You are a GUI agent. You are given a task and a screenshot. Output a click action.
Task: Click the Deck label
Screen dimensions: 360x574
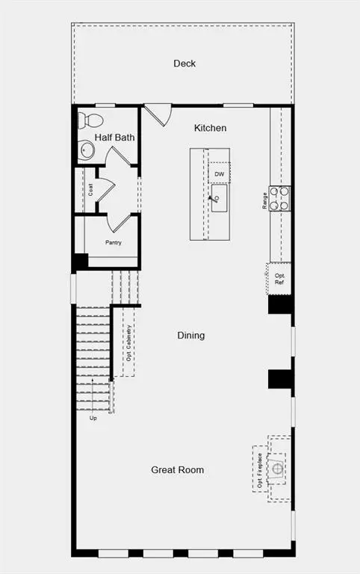[x=184, y=64]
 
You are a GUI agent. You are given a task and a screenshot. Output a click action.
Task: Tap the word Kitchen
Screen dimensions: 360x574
[x=210, y=128]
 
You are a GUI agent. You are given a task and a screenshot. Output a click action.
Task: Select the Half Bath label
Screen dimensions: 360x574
[x=114, y=138]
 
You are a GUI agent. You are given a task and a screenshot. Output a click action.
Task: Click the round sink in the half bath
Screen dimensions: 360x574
[x=87, y=149]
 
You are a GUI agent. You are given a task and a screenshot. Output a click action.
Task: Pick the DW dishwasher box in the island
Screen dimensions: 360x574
[x=219, y=173]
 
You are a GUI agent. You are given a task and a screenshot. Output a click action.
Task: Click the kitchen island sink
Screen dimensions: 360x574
[x=219, y=198]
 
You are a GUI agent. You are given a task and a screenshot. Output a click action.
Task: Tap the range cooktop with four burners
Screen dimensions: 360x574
[x=279, y=199]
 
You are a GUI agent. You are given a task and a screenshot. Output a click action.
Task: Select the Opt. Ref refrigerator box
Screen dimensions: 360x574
[x=279, y=279]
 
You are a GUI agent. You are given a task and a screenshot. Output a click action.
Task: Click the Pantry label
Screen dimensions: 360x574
[x=114, y=242]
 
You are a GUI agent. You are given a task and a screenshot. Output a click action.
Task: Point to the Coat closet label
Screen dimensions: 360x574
[x=90, y=190]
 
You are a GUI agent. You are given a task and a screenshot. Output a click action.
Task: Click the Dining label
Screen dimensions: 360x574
[x=191, y=336]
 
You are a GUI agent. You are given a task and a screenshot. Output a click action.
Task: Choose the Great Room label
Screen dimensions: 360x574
[x=178, y=470]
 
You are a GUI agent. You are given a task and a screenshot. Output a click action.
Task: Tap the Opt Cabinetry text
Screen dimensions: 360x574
[x=128, y=343]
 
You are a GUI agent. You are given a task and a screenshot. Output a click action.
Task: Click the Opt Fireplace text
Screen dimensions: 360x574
[x=260, y=470]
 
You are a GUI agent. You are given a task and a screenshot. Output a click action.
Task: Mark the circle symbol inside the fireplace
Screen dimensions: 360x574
[x=277, y=468]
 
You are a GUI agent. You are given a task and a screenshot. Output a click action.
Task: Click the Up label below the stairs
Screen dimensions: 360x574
[x=93, y=418]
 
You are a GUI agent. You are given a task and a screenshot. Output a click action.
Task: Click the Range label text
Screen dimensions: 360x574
[x=264, y=200]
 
